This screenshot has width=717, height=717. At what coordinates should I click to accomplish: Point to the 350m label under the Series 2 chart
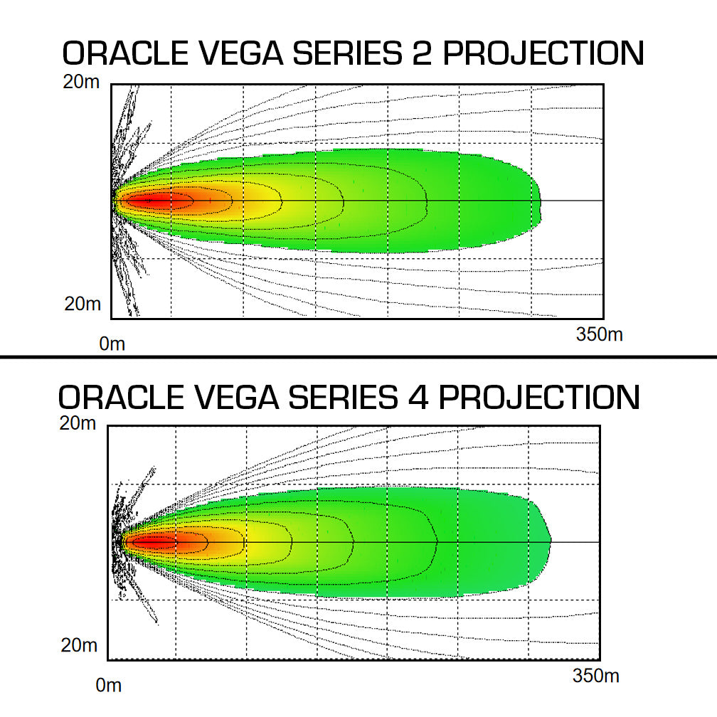pos(599,334)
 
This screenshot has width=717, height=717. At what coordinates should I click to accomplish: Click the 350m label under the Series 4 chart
pos(595,676)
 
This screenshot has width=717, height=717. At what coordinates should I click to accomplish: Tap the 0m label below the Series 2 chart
pos(112,344)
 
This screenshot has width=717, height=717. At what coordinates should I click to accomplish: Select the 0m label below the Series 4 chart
pos(108,686)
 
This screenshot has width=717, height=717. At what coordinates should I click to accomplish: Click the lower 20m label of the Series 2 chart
pos(83,304)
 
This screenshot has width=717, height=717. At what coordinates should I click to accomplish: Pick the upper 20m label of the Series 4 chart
pos(78,423)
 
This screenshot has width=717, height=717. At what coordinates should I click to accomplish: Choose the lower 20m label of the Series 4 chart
pos(79,646)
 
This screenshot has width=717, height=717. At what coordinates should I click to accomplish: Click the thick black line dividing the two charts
pos(358,356)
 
